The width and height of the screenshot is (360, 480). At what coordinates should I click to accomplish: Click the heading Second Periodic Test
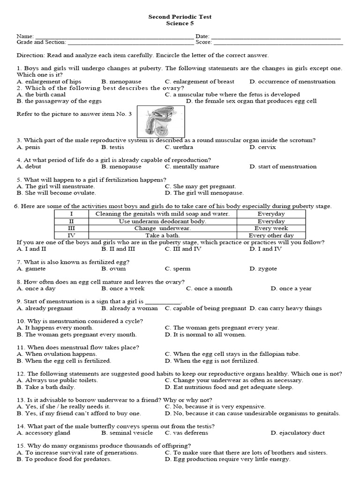(x=180, y=16)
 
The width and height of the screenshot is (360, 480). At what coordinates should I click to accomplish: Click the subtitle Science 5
(x=180, y=23)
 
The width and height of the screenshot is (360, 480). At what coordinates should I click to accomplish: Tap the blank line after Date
(x=276, y=37)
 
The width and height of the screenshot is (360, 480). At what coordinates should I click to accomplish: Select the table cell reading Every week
(x=271, y=228)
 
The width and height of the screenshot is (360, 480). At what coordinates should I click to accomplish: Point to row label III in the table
(x=71, y=228)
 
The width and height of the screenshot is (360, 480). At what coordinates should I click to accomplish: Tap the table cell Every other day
(x=271, y=235)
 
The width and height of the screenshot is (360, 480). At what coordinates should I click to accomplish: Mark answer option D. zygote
(x=263, y=269)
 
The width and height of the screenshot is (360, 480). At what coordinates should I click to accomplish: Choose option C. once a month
(x=209, y=289)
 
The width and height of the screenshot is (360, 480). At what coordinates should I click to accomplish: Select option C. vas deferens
(x=186, y=433)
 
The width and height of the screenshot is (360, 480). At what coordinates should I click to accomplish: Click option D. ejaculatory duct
(x=297, y=433)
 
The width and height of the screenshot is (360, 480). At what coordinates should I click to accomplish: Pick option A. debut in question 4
(x=29, y=166)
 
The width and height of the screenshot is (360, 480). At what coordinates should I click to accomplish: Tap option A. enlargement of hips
(x=49, y=82)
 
